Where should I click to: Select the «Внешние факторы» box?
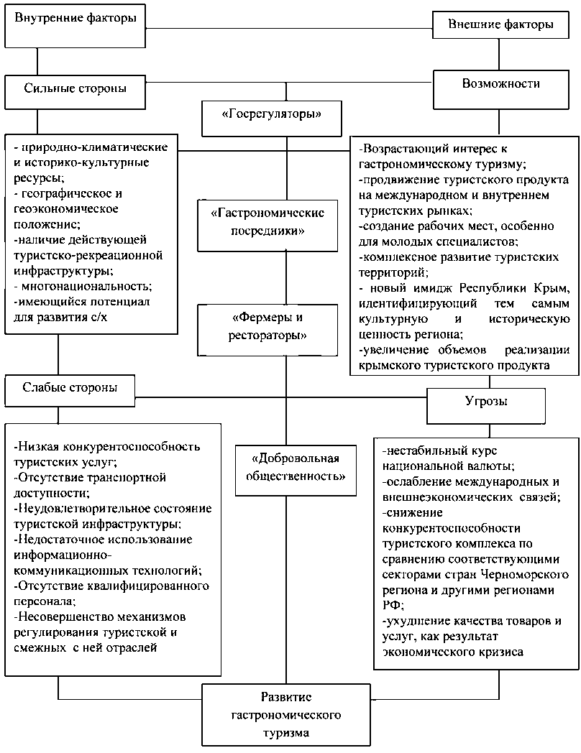click(500, 24)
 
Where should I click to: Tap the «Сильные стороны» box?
click(76, 89)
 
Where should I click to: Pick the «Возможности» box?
click(500, 84)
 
